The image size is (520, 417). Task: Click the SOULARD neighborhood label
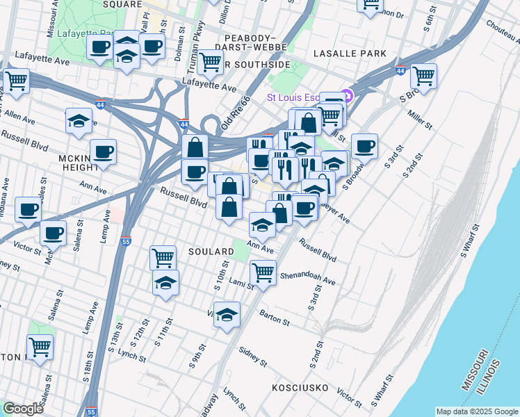211,251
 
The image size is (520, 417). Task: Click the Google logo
23,409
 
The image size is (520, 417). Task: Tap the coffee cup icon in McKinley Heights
103,152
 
